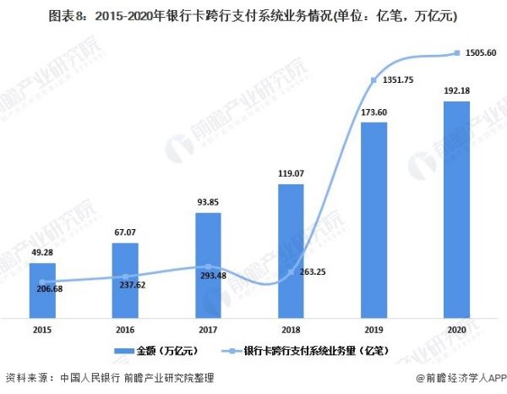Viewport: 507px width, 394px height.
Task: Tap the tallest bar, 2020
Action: (x=456, y=208)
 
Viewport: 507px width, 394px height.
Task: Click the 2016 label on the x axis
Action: (x=124, y=330)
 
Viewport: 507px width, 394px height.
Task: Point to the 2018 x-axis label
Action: (x=291, y=330)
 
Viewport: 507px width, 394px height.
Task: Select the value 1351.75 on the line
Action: (x=395, y=81)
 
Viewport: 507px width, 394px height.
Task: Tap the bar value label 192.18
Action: (x=456, y=89)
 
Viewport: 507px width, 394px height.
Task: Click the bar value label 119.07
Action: (x=290, y=174)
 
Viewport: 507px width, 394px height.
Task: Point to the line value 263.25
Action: (x=311, y=272)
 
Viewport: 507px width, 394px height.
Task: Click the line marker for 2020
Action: (x=456, y=53)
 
